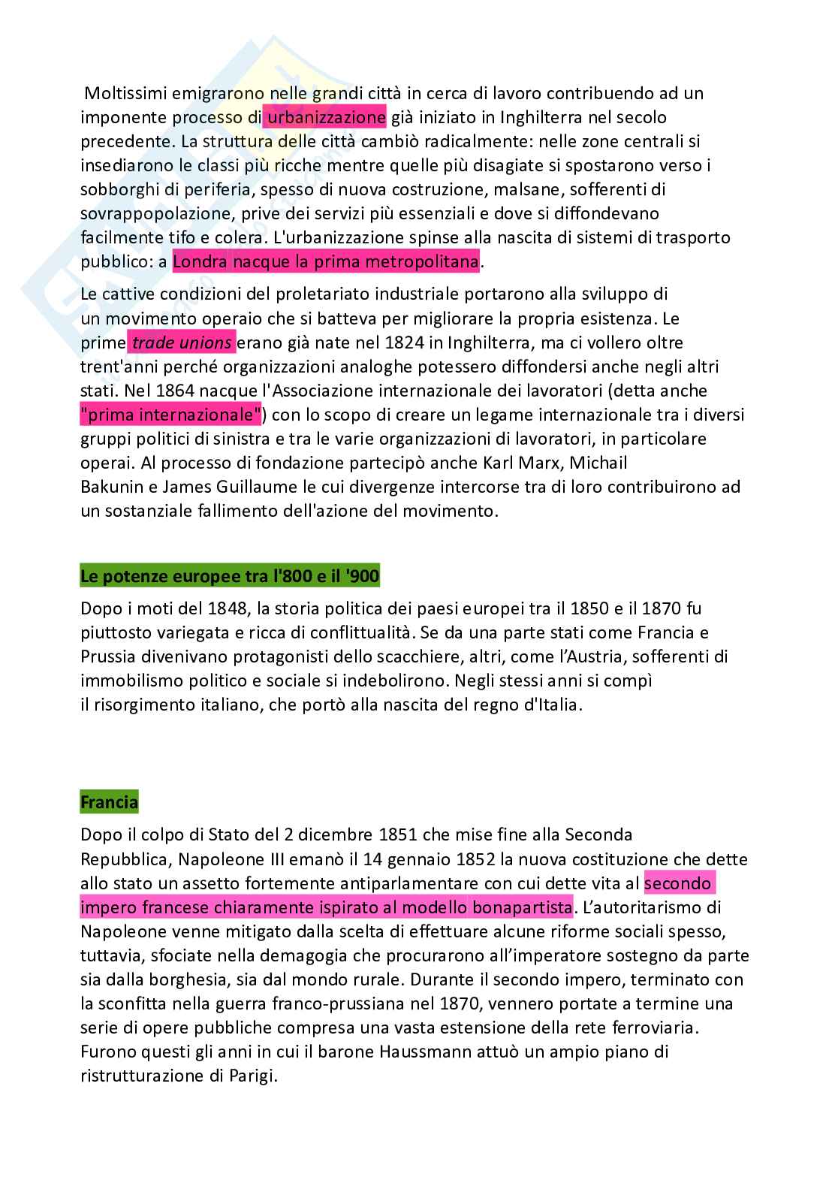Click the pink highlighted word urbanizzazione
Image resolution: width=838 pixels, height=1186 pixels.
click(x=325, y=117)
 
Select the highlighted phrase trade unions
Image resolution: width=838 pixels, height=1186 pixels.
click(x=182, y=343)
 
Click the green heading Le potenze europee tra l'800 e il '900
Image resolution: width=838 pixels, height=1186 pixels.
click(x=230, y=577)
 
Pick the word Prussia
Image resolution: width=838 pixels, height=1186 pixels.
click(x=108, y=656)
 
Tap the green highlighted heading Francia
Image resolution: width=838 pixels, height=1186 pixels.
click(x=109, y=802)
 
